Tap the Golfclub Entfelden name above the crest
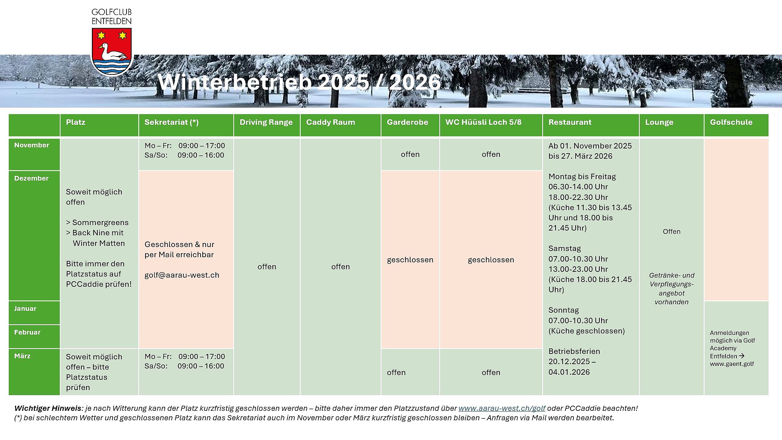[x=112, y=17]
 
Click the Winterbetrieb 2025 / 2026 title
[x=299, y=82]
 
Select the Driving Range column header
[x=266, y=123]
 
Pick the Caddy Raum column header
[x=330, y=123]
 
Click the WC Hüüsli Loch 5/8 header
[x=483, y=123]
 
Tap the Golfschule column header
[x=731, y=123]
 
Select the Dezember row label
[x=31, y=178]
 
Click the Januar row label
[x=25, y=309]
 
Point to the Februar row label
[x=27, y=332]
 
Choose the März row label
[x=22, y=356]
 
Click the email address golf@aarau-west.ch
[x=182, y=275]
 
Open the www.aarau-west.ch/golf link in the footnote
[x=502, y=408]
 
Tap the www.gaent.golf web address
[x=732, y=364]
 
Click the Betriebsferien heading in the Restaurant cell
[x=574, y=351]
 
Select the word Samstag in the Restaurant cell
[x=565, y=248]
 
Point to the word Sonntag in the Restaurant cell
[x=564, y=310]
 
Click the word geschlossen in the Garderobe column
[x=410, y=260]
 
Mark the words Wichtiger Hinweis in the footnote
[x=48, y=408]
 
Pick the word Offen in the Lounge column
[x=672, y=232]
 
